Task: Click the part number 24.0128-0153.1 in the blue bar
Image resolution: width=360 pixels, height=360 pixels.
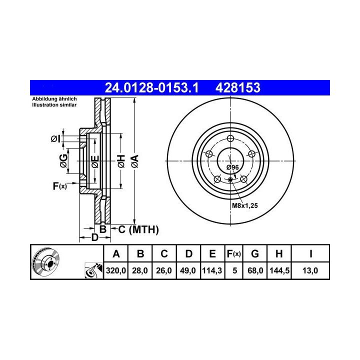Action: click(151, 87)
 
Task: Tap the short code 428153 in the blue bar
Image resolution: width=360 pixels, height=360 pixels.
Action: click(237, 87)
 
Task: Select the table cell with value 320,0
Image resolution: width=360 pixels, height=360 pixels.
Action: click(116, 270)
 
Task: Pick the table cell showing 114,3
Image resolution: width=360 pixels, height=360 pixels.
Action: click(212, 270)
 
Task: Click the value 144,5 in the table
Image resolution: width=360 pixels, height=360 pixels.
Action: click(279, 270)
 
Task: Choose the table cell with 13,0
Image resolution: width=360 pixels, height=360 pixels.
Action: click(310, 270)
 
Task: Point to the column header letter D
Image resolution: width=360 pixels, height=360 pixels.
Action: click(188, 254)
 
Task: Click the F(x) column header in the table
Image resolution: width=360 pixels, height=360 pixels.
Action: click(233, 254)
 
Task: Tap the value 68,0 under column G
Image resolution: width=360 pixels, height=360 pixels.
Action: click(255, 270)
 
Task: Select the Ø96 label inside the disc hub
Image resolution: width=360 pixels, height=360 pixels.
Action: click(232, 167)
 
